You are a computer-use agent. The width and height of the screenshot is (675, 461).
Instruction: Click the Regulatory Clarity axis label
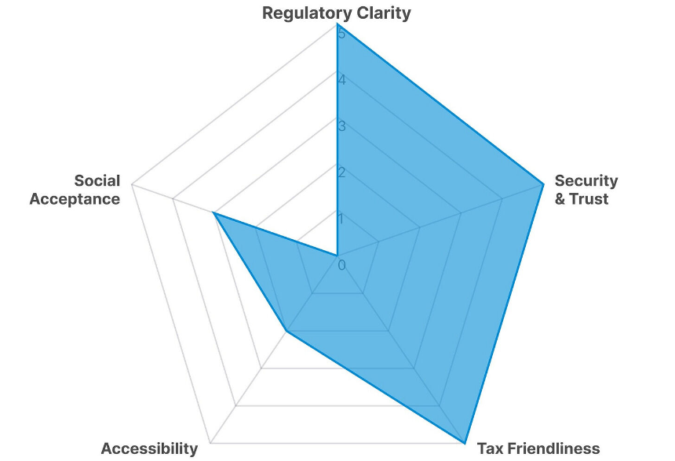(x=336, y=13)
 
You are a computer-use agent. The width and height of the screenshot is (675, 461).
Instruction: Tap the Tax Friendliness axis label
(x=538, y=448)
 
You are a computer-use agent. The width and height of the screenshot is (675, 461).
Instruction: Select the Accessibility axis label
(x=149, y=448)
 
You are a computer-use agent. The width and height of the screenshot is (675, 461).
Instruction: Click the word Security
(x=586, y=181)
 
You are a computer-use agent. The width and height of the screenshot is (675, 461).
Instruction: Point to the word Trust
(x=589, y=199)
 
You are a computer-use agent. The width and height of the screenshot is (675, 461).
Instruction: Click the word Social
(x=97, y=181)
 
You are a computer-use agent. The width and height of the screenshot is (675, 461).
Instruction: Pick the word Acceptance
(x=75, y=199)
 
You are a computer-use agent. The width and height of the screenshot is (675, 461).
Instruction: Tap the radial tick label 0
(x=341, y=266)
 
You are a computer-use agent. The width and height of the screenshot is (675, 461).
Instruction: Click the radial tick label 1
(x=341, y=219)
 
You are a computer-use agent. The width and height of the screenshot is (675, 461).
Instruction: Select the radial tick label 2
(x=341, y=172)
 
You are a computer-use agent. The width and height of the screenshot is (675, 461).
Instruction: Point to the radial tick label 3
(x=341, y=126)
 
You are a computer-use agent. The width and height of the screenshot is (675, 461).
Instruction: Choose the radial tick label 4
(x=341, y=80)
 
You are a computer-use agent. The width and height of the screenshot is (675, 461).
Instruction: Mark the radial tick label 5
(x=341, y=34)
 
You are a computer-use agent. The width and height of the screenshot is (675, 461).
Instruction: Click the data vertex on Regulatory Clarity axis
(x=337, y=24)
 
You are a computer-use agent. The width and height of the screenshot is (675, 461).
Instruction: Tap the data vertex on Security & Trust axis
(x=543, y=184)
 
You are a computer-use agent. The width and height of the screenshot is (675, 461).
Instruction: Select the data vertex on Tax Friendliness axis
(x=465, y=441)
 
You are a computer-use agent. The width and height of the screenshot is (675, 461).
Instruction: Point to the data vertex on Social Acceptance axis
(x=213, y=212)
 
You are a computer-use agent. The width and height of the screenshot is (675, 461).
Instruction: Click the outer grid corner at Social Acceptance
(x=132, y=184)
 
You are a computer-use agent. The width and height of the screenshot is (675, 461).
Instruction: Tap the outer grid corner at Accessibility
(x=210, y=441)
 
